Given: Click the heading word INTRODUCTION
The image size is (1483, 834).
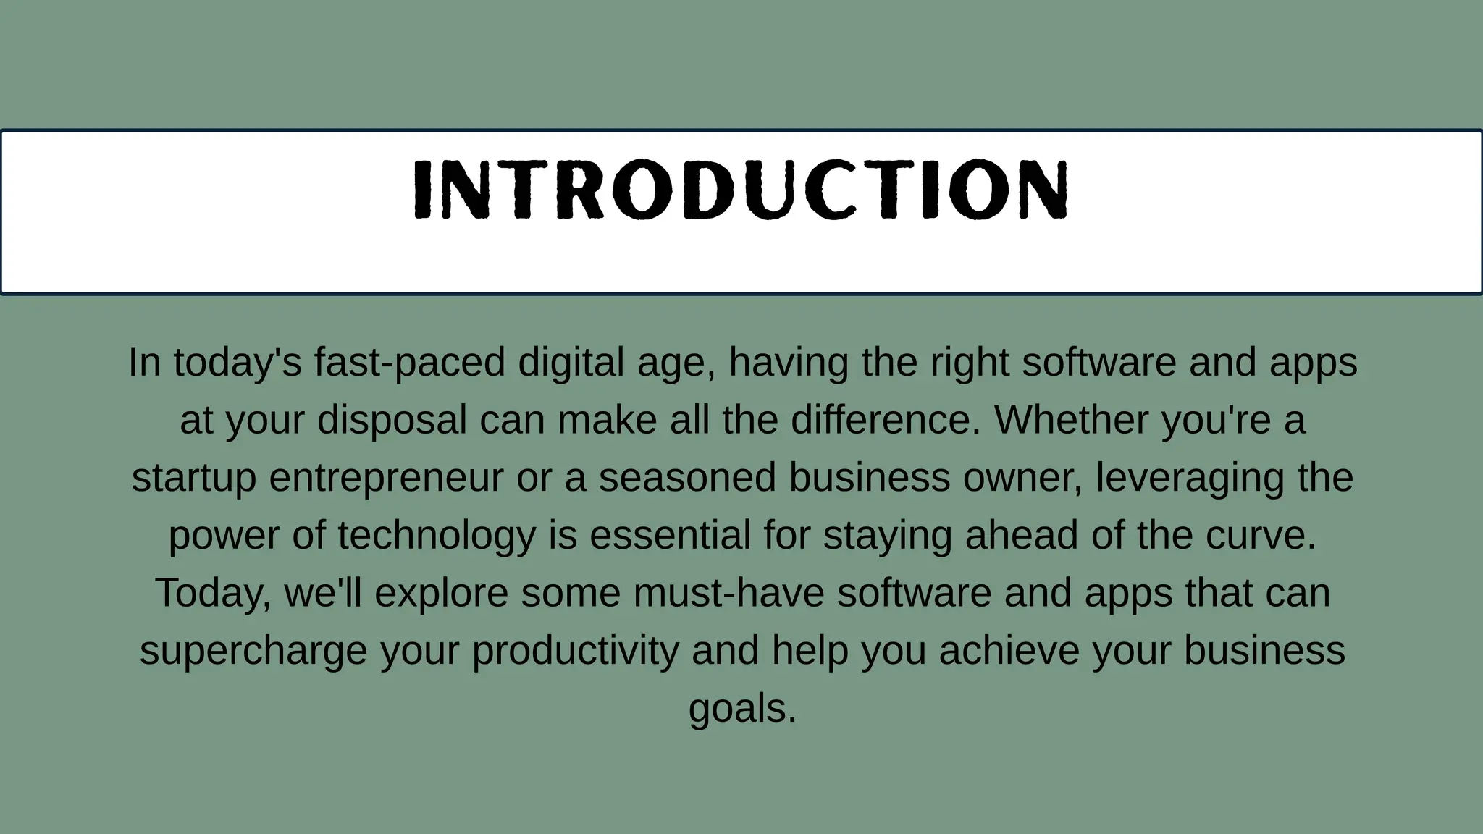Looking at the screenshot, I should point(740,190).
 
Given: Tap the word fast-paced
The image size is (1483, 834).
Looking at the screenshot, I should point(409,362).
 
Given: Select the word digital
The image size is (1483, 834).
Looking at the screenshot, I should point(571,362).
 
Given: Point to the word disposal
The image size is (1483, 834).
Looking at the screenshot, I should point(392,420).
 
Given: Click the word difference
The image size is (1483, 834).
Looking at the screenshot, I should point(885,420).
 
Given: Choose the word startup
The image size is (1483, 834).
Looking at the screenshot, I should point(194,478).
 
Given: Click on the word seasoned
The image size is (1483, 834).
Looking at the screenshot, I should point(687,478).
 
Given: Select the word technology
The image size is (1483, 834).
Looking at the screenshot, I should point(437,536).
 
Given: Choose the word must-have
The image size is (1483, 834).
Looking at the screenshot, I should point(728,593).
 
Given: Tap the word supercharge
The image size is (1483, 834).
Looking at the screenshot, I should point(253,652).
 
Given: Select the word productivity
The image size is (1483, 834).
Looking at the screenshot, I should point(575,652).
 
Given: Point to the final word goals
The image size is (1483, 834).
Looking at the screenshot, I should point(741,709).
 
